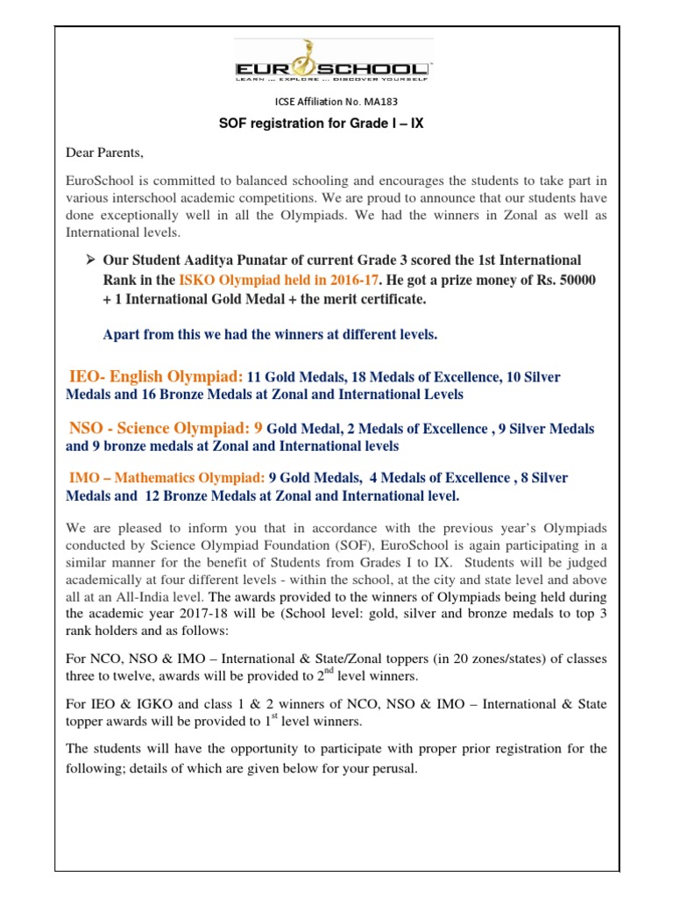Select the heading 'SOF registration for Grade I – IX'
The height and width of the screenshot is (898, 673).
321,124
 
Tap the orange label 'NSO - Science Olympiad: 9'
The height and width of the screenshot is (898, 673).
166,428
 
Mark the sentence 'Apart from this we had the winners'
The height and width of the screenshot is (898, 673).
270,334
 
